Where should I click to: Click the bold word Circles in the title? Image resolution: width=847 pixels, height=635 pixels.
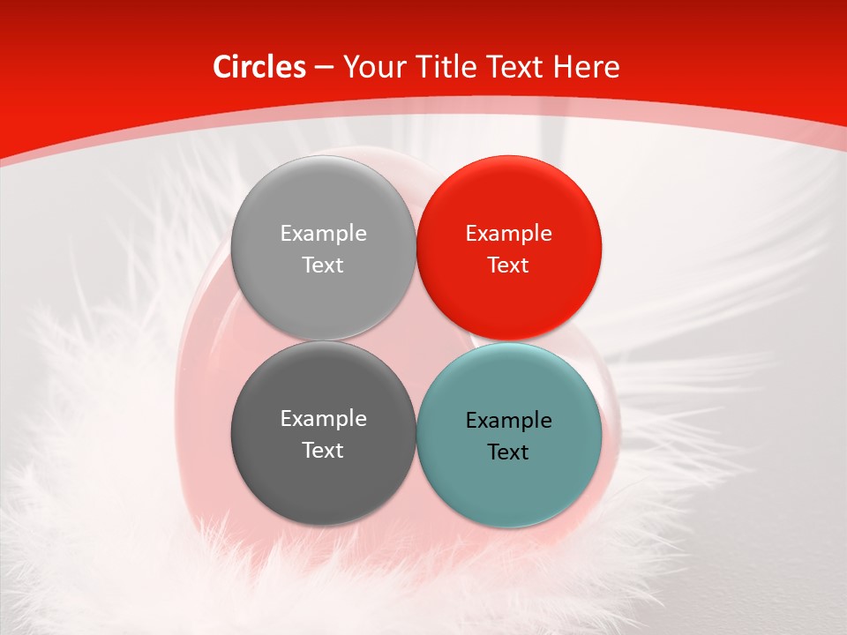tap(259, 67)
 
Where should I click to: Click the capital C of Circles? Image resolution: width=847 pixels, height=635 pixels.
tap(222, 67)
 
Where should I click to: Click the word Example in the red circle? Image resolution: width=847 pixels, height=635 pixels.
tap(508, 233)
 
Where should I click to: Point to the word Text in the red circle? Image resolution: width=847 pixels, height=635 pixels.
tap(508, 265)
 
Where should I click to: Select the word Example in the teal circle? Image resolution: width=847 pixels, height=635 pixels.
tap(508, 420)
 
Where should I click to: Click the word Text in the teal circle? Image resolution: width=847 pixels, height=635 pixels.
tap(508, 452)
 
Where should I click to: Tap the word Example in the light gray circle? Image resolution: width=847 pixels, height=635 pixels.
tap(323, 233)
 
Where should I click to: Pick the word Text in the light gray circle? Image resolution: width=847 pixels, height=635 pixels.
tap(323, 265)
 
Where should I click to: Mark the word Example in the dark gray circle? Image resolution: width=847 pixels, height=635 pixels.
tap(323, 418)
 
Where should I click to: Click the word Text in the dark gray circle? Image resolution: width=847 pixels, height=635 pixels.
tap(323, 450)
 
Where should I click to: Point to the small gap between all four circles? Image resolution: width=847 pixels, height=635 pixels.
tap(416, 340)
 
